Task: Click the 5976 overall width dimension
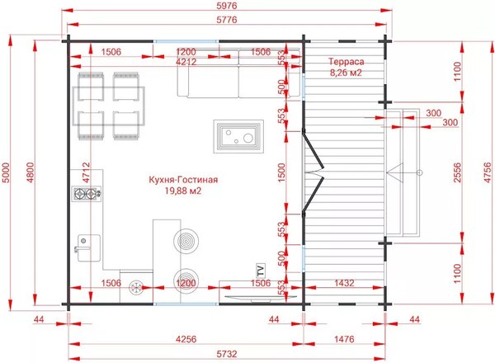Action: point(227,6)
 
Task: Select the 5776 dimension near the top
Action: point(227,20)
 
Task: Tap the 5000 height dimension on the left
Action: point(6,172)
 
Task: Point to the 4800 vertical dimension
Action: point(31,172)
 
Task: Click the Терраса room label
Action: point(346,61)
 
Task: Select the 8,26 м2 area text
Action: point(346,73)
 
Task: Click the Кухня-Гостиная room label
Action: point(183,180)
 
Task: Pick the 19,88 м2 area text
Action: point(183,191)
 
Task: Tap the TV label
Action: point(261,271)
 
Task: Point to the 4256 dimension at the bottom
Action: point(186,339)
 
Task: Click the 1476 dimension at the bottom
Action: point(344,339)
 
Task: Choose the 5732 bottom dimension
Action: point(227,354)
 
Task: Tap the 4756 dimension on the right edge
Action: point(488,172)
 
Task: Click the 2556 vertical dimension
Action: point(457,172)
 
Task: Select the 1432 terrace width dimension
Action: point(344,283)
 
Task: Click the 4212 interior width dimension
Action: point(186,62)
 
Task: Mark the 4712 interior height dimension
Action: point(86,172)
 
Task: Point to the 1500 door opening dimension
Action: point(281,172)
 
